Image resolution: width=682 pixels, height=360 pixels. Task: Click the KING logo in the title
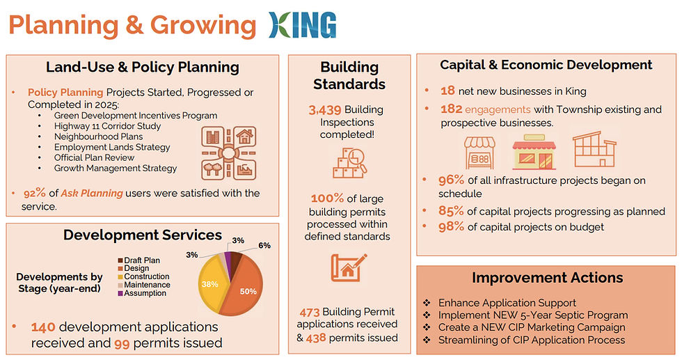302,25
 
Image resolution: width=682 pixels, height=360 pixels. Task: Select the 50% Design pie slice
244,288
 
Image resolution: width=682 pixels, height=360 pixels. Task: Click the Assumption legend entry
142,293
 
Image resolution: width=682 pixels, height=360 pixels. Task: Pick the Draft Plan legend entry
138,260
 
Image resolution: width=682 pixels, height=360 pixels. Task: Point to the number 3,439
325,110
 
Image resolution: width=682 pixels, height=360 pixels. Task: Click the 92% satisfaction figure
34,194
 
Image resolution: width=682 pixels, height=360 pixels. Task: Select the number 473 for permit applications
309,313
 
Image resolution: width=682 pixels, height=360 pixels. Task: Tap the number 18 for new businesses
447,91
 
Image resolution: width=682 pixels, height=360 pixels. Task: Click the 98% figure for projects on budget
451,227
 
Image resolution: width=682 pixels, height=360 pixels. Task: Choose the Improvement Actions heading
547,278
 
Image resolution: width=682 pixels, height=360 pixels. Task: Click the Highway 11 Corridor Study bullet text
107,126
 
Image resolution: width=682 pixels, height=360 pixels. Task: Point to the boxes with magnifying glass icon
349,163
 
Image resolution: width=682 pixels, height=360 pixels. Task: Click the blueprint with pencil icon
349,267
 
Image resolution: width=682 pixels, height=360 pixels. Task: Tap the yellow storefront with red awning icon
534,152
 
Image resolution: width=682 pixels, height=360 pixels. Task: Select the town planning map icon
229,153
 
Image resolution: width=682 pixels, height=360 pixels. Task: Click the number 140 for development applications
43,327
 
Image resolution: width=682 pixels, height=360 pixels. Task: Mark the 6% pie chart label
264,246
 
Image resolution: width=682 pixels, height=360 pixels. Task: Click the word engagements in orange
498,110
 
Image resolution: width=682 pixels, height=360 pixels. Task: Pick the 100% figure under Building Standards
327,198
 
